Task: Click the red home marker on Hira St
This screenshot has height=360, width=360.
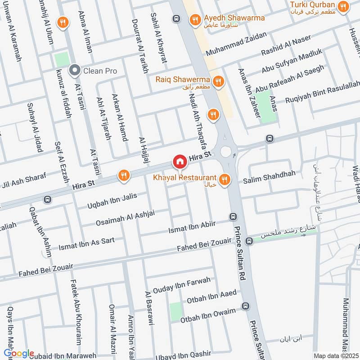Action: pos(179,161)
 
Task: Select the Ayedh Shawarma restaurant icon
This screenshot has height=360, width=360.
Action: pos(195,19)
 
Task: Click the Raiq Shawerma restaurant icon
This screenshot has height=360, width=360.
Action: pos(218,81)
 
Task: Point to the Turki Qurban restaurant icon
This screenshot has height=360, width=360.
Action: pos(344,7)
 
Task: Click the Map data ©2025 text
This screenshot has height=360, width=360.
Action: pos(335,355)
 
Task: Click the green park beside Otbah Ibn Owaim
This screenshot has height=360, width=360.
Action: pos(176,311)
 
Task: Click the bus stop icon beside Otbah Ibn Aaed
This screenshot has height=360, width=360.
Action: pos(245,306)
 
